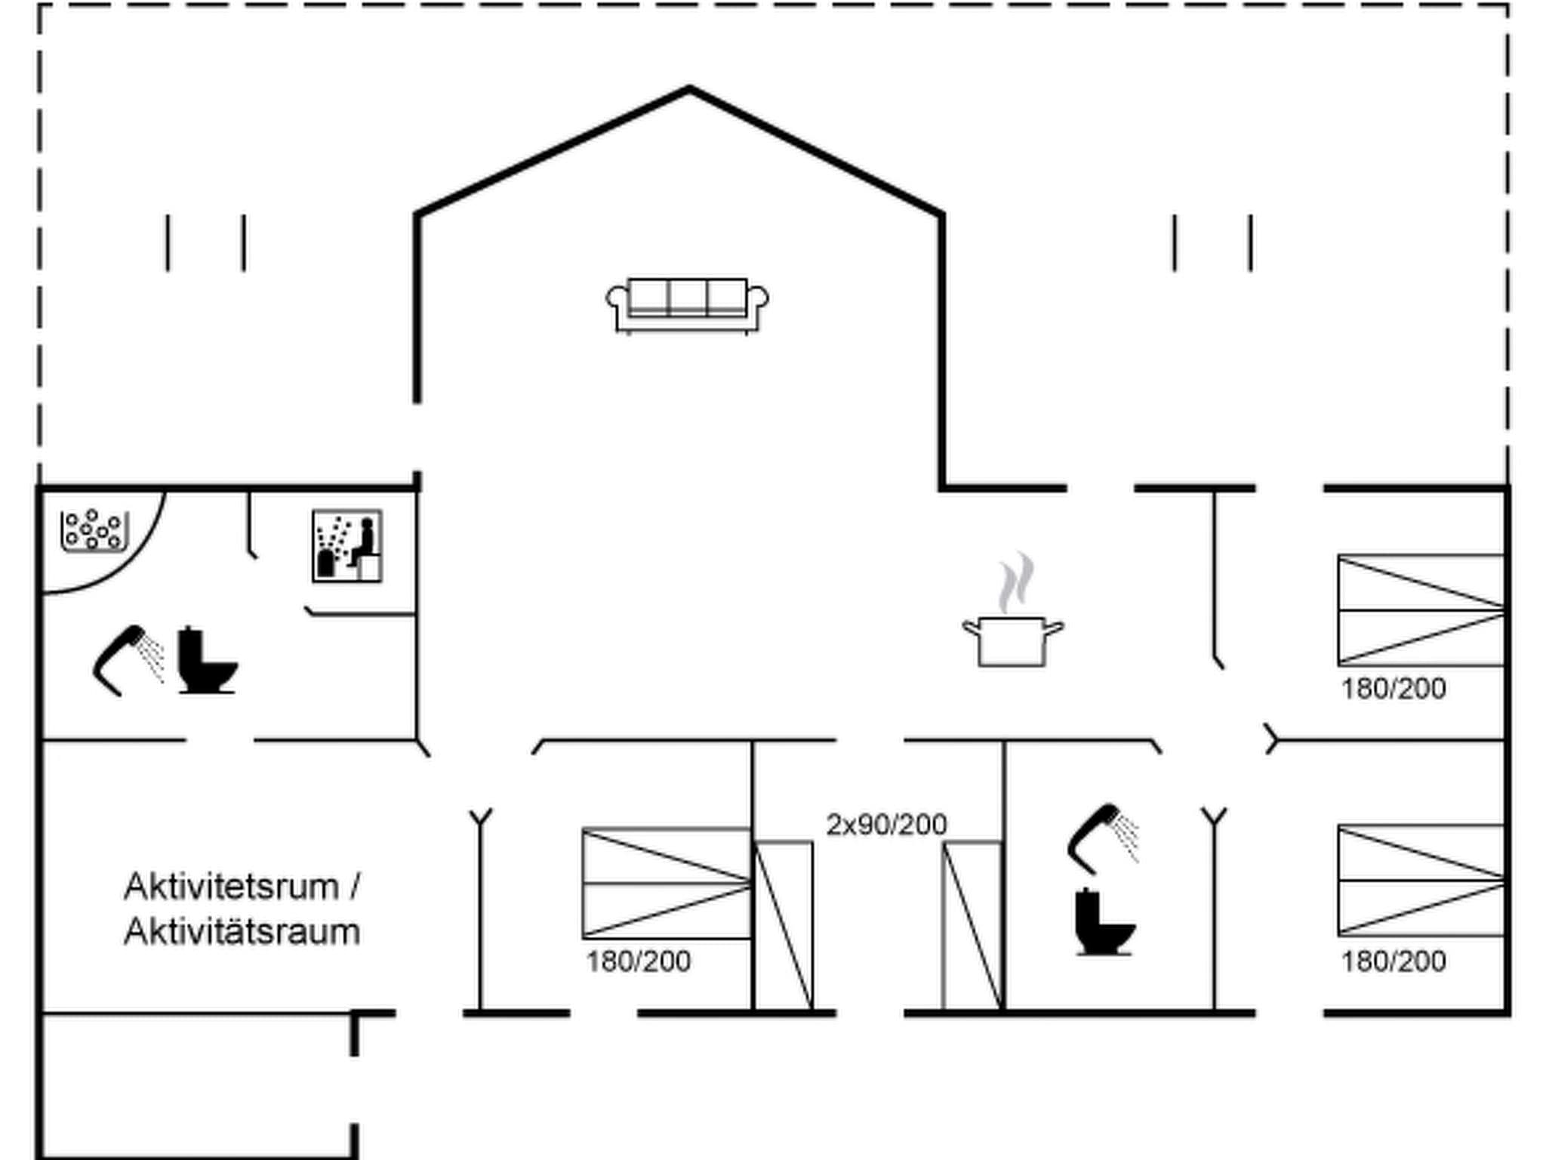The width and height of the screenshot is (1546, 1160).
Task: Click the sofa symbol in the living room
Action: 687,305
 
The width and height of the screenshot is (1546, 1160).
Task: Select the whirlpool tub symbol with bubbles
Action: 94,530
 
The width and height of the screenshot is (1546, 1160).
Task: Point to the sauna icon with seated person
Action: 347,546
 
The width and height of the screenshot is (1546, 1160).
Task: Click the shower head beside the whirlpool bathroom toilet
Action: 127,659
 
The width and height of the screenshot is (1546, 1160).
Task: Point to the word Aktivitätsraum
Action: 242,932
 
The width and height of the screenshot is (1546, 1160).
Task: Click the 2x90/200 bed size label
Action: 886,824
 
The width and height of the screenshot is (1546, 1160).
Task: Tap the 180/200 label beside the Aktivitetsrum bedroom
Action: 639,961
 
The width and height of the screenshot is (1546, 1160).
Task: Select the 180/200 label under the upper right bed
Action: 1394,689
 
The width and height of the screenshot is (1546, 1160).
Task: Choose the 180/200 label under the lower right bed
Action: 1394,961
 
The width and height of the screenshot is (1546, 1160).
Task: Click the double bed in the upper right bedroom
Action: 1421,610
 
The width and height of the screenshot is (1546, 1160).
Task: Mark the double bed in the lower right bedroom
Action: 1421,881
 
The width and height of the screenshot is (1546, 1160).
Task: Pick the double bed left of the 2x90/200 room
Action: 667,884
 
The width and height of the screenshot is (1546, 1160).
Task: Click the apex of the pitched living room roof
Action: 689,90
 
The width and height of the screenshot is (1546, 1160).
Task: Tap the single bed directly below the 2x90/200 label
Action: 972,925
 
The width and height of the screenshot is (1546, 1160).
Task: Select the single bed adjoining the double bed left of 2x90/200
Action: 784,925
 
